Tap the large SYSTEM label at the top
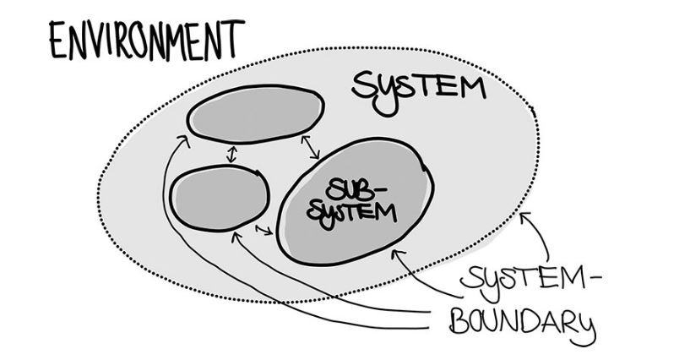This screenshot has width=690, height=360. click(x=419, y=85)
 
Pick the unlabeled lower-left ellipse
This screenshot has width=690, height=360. click(x=219, y=199)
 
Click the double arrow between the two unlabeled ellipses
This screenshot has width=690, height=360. click(x=230, y=155)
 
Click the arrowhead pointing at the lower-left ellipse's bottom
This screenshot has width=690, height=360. click(x=236, y=233)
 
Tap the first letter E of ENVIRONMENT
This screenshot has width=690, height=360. click(x=58, y=42)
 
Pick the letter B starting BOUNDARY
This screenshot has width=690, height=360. click(x=457, y=324)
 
